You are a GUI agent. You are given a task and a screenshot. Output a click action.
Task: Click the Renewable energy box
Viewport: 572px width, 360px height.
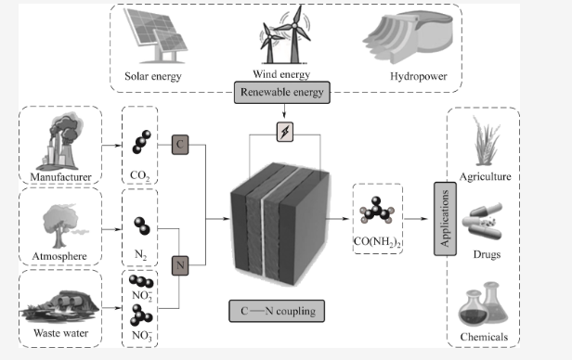pos(282,93)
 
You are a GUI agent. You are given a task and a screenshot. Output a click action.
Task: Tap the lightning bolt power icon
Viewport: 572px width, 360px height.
pos(285,132)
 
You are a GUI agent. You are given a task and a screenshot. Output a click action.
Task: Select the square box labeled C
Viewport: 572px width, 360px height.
pos(180,145)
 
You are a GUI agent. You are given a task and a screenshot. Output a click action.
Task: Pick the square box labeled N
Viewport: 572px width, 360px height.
pos(180,265)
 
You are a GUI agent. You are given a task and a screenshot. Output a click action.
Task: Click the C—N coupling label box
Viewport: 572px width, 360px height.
pos(277,311)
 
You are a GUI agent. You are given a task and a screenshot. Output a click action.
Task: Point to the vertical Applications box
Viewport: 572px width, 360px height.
pos(445,219)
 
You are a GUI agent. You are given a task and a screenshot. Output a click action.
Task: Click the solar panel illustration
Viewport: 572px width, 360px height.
pos(156,35)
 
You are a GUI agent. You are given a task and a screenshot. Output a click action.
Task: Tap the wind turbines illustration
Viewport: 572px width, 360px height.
pos(284,35)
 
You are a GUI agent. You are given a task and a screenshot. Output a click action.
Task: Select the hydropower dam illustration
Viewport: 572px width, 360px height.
pos(408,36)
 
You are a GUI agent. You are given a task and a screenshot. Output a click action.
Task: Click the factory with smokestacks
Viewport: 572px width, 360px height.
pos(60,142)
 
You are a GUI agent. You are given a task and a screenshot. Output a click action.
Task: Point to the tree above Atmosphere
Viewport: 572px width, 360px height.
pos(62,225)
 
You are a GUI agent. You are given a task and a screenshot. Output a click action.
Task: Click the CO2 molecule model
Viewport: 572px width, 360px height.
pos(141,142)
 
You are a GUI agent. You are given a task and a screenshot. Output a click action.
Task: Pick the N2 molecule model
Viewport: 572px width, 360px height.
pos(142,225)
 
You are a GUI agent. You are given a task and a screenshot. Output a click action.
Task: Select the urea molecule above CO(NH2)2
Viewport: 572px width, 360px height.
pos(377,211)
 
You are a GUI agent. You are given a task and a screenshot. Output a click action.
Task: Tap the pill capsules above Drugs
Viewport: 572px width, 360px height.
pos(483,221)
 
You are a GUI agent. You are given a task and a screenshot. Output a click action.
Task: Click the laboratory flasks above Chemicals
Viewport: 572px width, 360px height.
pos(483,304)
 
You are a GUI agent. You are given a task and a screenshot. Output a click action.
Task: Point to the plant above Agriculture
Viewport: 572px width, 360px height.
pos(486,141)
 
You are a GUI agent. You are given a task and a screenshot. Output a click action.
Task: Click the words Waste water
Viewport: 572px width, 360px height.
pos(61,333)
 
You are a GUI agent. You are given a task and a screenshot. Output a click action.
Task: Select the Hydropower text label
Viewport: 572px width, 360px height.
pos(419,76)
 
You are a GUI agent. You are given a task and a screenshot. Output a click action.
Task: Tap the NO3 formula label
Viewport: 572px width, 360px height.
pos(142,336)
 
